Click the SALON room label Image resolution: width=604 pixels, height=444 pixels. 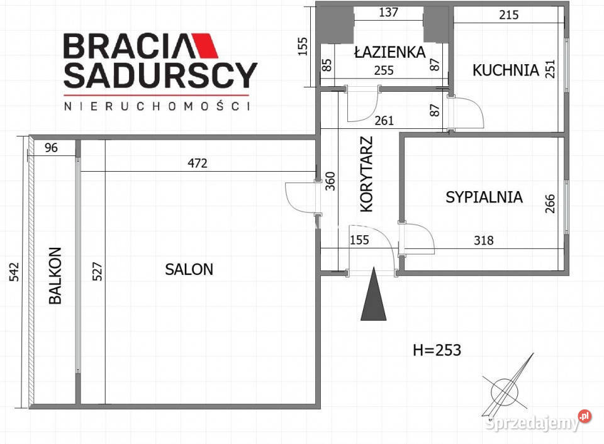(x=189, y=269)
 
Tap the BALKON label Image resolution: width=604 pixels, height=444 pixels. (x=55, y=275)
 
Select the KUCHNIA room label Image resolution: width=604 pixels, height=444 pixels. (x=506, y=70)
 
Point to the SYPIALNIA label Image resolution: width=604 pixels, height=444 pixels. (x=484, y=197)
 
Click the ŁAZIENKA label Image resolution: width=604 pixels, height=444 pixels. (x=389, y=52)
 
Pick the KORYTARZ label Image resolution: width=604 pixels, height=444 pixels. (x=367, y=174)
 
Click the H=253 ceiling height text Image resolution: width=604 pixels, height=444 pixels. (x=437, y=350)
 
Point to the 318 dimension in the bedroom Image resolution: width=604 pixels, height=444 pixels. (x=483, y=240)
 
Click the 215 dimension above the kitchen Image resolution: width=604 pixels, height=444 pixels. (x=508, y=14)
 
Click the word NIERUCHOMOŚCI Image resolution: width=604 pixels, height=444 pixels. (x=157, y=106)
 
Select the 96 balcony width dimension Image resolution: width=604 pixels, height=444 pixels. (x=52, y=148)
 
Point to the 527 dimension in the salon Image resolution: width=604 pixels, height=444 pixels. (x=96, y=271)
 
